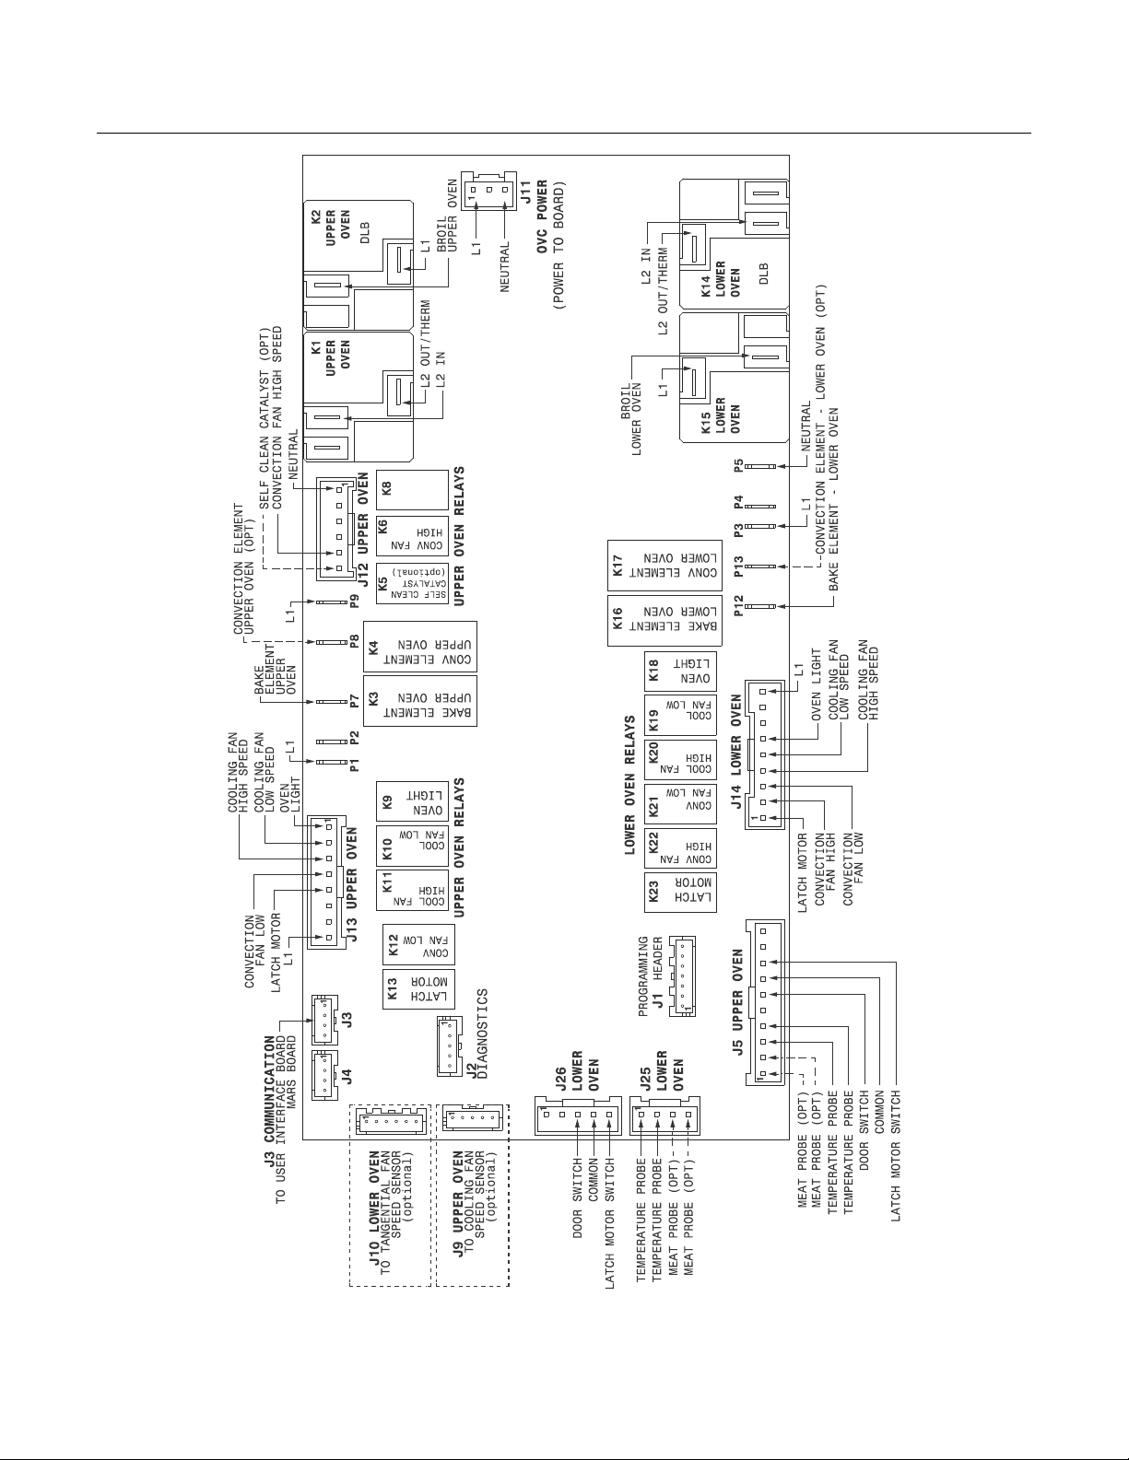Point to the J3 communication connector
[323, 1018]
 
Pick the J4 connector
[323, 1075]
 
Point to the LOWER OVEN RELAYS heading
[631, 786]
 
